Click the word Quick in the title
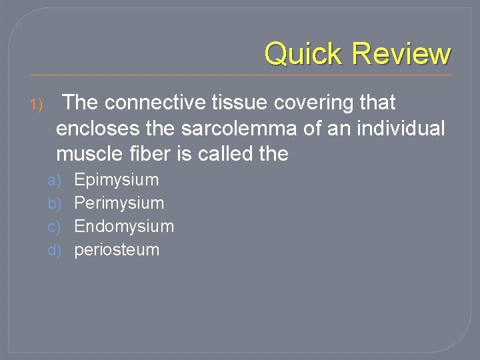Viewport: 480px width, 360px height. pos(304,53)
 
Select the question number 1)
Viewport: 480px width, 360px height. pos(36,104)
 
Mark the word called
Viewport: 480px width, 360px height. pos(219,154)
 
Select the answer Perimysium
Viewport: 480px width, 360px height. pos(119,203)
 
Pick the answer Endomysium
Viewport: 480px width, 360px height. pos(124,227)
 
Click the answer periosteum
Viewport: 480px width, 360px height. pos(117,251)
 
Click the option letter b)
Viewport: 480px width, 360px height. pos(54,203)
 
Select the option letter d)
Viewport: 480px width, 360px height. pos(54,251)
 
